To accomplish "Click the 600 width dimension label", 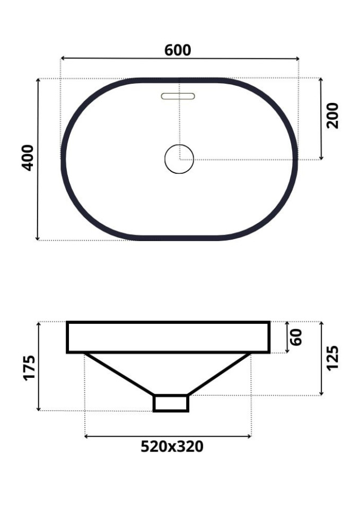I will [178, 50].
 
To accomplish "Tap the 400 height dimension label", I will [28, 157].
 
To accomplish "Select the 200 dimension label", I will [332, 116].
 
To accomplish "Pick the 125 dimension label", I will [332, 358].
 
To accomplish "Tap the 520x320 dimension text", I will [172, 447].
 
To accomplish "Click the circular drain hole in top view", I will [179, 158].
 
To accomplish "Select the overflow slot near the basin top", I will [178, 96].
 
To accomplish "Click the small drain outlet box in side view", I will [171, 403].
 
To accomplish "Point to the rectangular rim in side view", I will [168, 337].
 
